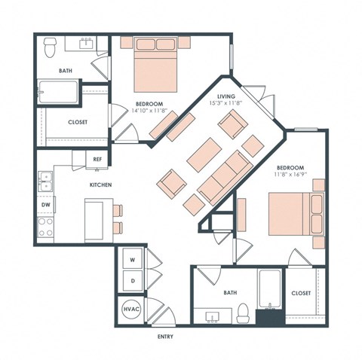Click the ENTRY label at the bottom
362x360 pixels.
click(x=167, y=336)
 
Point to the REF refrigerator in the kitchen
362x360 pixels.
click(x=97, y=159)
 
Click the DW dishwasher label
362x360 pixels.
click(x=45, y=204)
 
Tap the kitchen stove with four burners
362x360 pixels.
click(x=45, y=224)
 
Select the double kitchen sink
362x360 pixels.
click(x=45, y=181)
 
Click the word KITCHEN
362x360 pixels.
click(x=101, y=185)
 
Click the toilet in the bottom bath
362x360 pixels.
click(x=243, y=311)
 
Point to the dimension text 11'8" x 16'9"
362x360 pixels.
click(x=289, y=175)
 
